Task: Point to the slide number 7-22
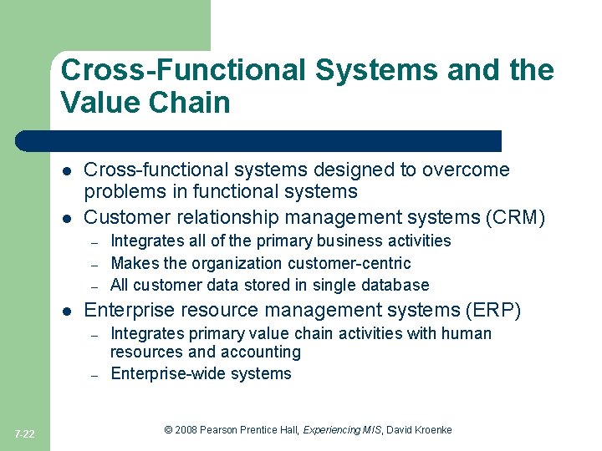pyautogui.click(x=25, y=433)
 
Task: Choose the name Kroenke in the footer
pyautogui.click(x=431, y=429)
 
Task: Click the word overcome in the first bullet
pyautogui.click(x=468, y=170)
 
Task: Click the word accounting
pyautogui.click(x=259, y=352)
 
